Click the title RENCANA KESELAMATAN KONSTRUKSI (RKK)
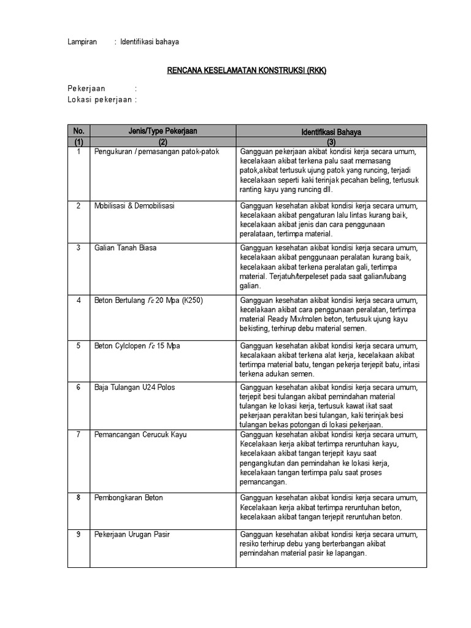(247, 71)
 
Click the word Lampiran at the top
(82, 42)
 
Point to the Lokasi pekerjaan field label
(99, 99)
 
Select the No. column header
(78, 131)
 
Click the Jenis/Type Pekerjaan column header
(163, 131)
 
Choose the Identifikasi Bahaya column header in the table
(331, 131)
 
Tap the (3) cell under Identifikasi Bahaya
(331, 142)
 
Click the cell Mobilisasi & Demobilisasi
(134, 206)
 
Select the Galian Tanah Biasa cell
(125, 248)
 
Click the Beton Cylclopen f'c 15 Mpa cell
(137, 346)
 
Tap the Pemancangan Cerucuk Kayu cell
(140, 435)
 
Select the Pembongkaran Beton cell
(129, 497)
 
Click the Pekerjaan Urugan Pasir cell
(132, 534)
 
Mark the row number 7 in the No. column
(78, 435)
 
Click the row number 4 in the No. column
(78, 301)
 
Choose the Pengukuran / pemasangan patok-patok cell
(156, 151)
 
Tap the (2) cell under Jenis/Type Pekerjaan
(163, 142)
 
